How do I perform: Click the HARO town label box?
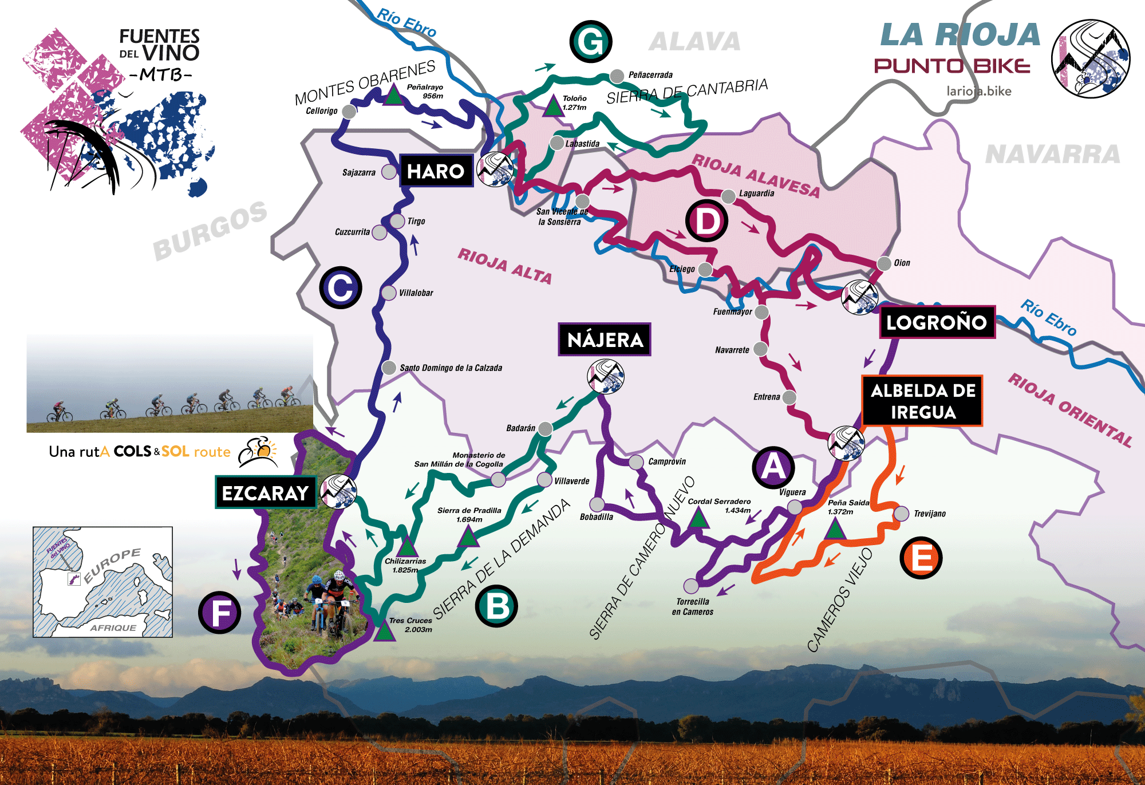point(436,171)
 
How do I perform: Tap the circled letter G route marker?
point(591,41)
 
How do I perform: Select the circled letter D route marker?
point(707,221)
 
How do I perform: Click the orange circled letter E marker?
point(921,558)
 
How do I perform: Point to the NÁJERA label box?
point(605,340)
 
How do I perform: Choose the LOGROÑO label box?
point(937,322)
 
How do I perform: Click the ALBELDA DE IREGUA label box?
point(922,401)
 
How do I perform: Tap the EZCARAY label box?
point(266,492)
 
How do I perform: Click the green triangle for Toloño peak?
point(553,107)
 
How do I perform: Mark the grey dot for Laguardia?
point(728,196)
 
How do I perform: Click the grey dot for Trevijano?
point(901,513)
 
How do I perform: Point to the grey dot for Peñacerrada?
point(617,76)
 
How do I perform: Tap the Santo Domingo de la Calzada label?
point(451,368)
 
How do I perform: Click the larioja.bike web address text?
point(978,91)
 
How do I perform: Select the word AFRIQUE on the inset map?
point(113,628)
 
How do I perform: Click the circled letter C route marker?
point(341,287)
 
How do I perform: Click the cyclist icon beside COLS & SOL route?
point(258,452)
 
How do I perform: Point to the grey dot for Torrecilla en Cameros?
point(692,585)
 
